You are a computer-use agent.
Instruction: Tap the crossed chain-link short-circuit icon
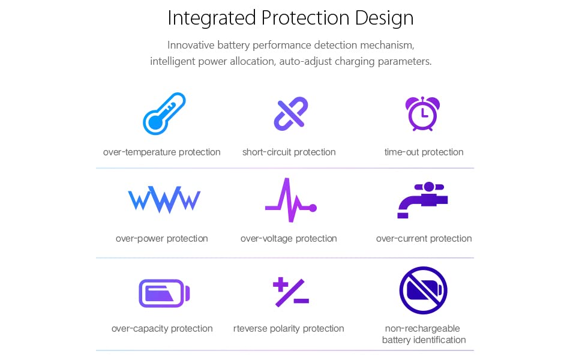(x=291, y=113)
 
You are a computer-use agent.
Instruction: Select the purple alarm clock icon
(x=422, y=113)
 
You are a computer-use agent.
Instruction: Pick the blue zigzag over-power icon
(x=164, y=200)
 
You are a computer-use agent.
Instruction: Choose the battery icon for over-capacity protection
(x=164, y=293)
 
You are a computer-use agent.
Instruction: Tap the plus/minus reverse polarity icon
(x=291, y=292)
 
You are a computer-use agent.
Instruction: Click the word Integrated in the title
(x=212, y=18)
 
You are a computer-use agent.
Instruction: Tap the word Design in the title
(x=384, y=18)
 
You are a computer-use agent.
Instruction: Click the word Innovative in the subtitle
(x=191, y=45)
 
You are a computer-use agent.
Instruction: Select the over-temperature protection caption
(x=162, y=152)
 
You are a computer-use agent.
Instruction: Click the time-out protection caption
(x=424, y=152)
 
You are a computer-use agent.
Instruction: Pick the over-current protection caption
(x=424, y=239)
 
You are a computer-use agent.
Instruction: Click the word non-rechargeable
(x=422, y=328)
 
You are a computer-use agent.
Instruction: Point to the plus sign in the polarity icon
(x=281, y=284)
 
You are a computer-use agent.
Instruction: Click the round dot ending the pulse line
(x=313, y=208)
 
